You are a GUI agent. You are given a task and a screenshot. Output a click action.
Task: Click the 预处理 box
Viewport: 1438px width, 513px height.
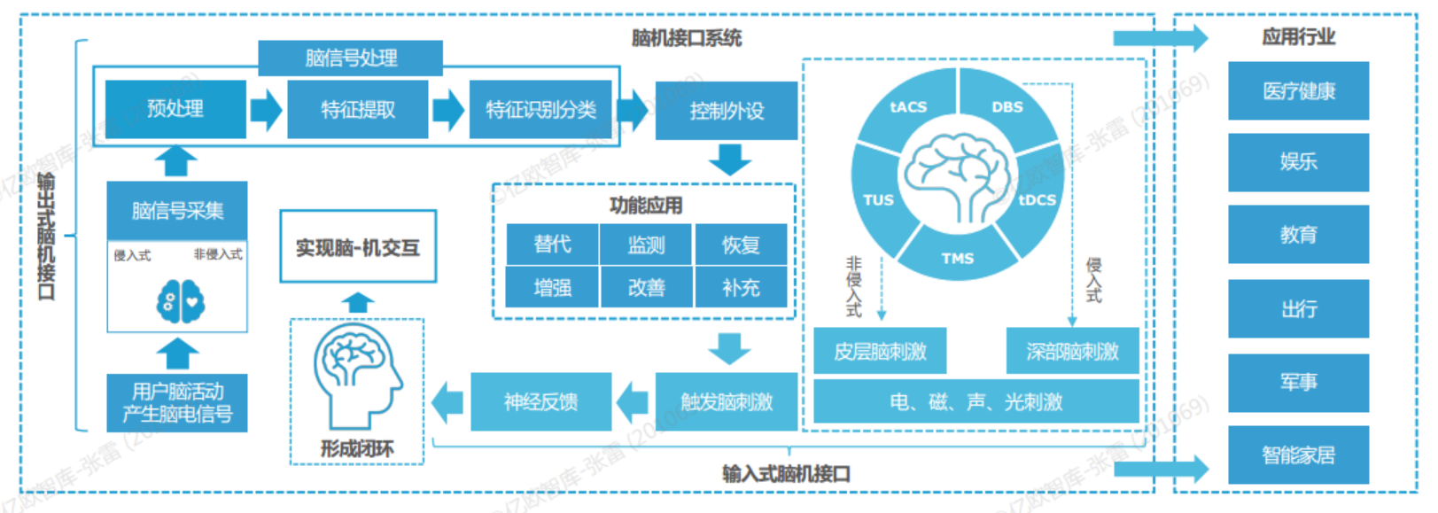(x=175, y=109)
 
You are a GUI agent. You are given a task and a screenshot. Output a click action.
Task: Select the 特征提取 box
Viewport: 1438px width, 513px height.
(x=358, y=110)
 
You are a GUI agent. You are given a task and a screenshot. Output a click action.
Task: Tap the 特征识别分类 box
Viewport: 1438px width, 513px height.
(x=540, y=110)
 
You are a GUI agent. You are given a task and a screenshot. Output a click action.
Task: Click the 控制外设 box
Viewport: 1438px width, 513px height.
(x=727, y=111)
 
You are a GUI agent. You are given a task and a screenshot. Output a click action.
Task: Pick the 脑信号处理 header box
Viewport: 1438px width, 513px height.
(x=351, y=58)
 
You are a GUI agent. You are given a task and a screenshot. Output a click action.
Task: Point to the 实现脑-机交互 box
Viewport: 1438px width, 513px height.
(x=358, y=247)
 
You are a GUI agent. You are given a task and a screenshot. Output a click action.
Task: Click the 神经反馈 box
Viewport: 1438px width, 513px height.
(x=540, y=402)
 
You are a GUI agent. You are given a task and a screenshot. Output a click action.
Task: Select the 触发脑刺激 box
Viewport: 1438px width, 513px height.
(x=727, y=402)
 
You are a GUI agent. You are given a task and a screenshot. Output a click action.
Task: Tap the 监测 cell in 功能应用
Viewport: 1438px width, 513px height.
(x=646, y=245)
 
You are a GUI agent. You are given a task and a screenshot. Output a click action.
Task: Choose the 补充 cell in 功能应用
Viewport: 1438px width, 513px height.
(x=741, y=288)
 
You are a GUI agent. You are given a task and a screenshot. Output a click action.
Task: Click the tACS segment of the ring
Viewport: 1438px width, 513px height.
(x=908, y=107)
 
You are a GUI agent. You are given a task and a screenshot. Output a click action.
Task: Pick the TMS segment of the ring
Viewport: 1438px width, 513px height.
(x=957, y=258)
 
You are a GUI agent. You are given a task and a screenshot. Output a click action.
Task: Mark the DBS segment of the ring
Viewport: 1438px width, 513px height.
(x=1007, y=107)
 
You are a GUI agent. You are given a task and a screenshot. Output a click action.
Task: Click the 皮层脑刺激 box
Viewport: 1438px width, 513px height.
(x=880, y=352)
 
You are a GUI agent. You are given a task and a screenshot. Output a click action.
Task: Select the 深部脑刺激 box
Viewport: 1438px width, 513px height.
(x=1072, y=352)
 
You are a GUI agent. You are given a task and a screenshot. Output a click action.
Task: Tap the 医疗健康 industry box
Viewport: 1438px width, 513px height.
(x=1298, y=91)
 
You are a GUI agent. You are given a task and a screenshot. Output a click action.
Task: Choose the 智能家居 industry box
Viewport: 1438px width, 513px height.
(x=1298, y=455)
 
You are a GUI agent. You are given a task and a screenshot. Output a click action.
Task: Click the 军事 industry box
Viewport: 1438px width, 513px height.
(x=1298, y=383)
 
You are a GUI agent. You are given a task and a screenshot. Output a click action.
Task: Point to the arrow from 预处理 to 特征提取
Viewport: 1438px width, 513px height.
(x=266, y=110)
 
